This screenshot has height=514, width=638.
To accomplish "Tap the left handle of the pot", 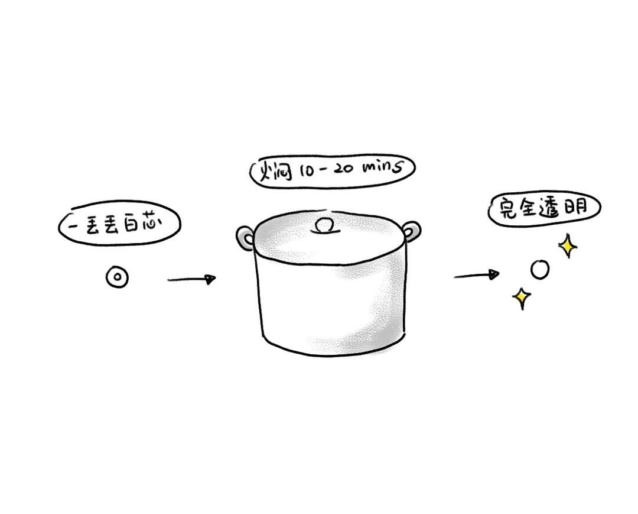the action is (245, 239).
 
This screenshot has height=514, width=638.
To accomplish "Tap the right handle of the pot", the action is (412, 231).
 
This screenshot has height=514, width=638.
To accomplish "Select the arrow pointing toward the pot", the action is (191, 279).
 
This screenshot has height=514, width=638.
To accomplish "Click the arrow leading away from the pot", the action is (477, 275).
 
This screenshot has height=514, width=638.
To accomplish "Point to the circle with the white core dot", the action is (117, 277).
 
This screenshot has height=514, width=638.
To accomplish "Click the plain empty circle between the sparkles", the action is (540, 269).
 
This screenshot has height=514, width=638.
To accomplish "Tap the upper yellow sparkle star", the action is (568, 245).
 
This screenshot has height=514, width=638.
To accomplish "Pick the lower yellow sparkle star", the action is (521, 298).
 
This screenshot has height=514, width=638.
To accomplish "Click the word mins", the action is (383, 167).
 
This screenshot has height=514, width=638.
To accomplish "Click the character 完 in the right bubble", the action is (507, 209).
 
